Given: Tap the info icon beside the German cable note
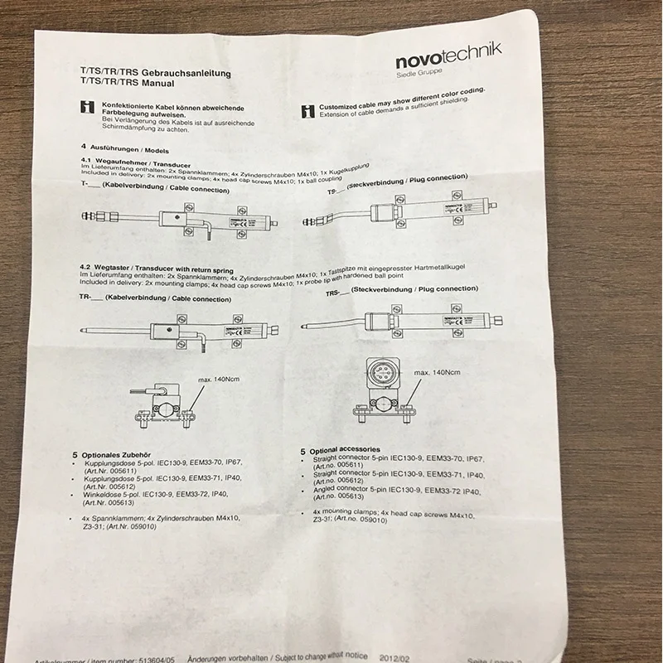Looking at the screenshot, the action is coord(86,107).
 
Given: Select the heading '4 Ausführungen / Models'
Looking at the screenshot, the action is coord(115,146).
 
